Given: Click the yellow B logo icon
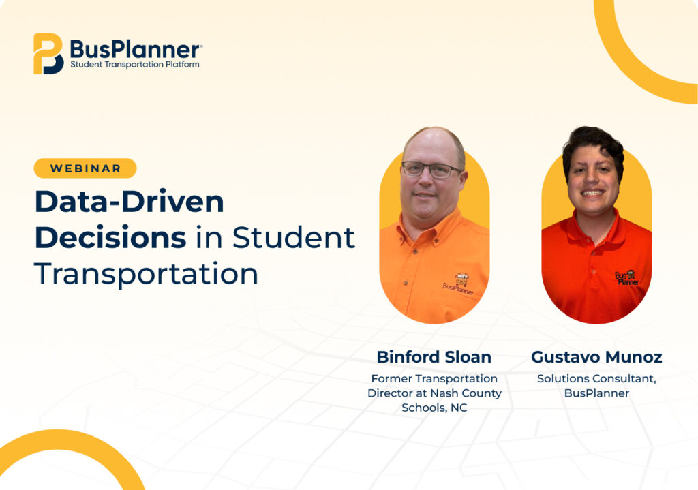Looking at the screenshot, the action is pos(48,53).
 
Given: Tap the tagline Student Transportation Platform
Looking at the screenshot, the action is pos(135,65).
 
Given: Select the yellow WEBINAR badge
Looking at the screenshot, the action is pos(85,168).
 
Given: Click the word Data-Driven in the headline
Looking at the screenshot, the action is pos(130,202).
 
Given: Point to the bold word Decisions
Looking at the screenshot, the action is pos(110,237).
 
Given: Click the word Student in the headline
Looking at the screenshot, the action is pos(293,237).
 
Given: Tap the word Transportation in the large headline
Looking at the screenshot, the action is pos(146,273).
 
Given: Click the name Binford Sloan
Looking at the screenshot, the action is pos(434,357).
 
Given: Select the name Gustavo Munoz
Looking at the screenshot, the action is pos(596,357).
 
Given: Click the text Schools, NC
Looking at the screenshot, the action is pos(434,408).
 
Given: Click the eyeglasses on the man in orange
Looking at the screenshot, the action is pos(431,170).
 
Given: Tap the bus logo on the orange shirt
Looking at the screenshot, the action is pos(459,284).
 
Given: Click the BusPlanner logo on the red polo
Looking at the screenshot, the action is pos(627,277).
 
